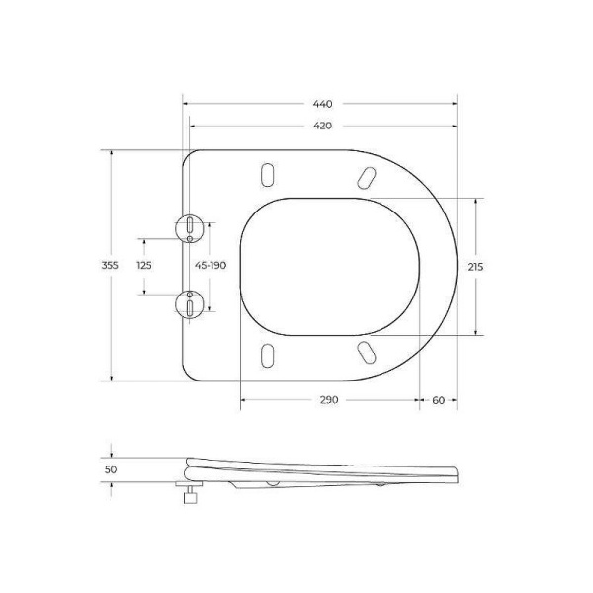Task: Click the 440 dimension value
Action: (323, 103)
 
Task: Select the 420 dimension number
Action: (323, 126)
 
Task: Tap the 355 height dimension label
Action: (111, 265)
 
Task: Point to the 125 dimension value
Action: (144, 265)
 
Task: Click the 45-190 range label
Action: (211, 265)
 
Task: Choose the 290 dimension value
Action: (328, 399)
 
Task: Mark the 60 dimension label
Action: (438, 399)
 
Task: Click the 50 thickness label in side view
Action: (111, 470)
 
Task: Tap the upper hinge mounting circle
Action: (187, 227)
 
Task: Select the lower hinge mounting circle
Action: (187, 303)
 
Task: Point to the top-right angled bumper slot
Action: (365, 177)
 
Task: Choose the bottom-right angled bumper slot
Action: (365, 353)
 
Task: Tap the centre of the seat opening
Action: (329, 265)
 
